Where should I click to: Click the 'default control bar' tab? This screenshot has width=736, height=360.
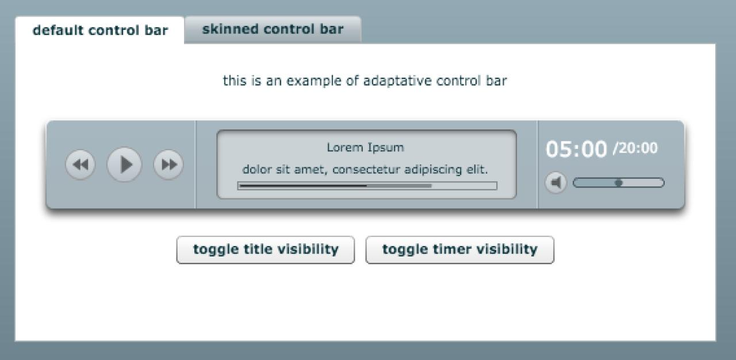pos(100,30)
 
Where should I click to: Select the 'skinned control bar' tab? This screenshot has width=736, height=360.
pos(273,29)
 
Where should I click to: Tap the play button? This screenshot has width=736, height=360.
pos(124,164)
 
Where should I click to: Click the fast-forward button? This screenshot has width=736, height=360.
pos(168,164)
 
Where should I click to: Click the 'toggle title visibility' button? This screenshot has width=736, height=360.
pos(266,250)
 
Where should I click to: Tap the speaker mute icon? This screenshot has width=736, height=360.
pos(556,182)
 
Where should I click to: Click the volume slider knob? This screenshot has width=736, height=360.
pos(619,183)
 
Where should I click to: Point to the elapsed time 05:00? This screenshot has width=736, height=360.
pos(576,149)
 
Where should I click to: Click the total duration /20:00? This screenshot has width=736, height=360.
pos(635,148)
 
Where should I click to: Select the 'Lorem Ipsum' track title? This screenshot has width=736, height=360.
pos(365,147)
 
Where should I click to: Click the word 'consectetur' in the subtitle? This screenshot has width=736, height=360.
pos(366,170)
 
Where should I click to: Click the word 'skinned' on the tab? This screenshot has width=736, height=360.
pos(231,29)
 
